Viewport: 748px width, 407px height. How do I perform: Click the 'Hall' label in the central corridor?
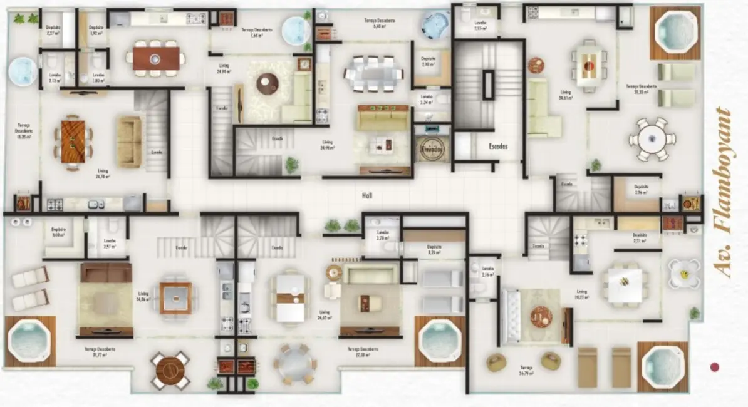(x=368, y=195)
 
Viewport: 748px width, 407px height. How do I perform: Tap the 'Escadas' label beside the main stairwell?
(x=498, y=146)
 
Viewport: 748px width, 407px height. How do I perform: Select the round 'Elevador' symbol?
(x=432, y=150)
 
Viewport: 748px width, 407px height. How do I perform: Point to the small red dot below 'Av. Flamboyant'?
(x=715, y=367)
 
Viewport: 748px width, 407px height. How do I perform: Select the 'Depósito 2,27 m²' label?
(x=53, y=30)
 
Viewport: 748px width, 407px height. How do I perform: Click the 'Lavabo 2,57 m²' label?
(x=110, y=243)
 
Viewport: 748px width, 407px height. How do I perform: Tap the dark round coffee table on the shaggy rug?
(x=268, y=83)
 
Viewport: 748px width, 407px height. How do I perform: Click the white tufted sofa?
(x=512, y=317)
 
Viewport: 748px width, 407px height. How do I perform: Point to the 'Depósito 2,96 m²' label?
(x=640, y=189)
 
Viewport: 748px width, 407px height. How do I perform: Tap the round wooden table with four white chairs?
(x=170, y=370)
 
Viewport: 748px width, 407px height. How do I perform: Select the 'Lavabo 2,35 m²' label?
(x=480, y=26)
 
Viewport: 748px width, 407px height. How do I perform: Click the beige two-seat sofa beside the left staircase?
(x=129, y=142)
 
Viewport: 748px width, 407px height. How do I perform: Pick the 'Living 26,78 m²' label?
(x=103, y=173)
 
